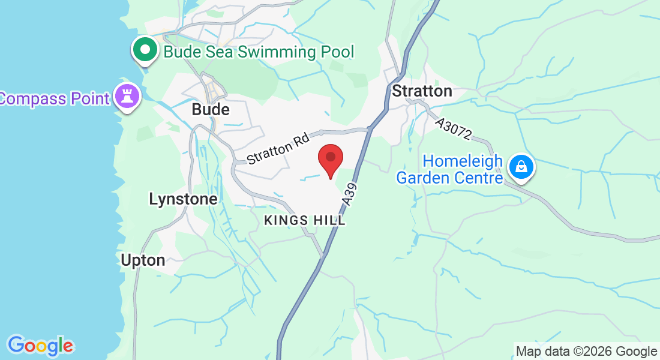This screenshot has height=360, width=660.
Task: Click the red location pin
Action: tap(330, 158)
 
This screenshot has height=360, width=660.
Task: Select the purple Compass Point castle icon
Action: tap(127, 96)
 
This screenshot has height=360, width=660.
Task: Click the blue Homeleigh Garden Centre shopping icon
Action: tap(521, 167)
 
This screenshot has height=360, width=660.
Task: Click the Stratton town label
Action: tap(422, 91)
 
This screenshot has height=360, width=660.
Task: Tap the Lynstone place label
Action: tap(183, 199)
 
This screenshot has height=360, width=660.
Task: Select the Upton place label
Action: tap(143, 260)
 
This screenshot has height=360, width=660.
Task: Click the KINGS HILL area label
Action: tap(305, 220)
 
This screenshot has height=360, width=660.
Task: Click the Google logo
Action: tap(40, 346)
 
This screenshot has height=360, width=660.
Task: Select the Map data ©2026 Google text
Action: tap(586, 352)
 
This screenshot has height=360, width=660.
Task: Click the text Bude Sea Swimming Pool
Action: tap(259, 52)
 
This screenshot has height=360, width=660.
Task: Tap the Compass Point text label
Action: tap(55, 98)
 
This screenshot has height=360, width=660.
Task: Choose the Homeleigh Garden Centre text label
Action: tap(449, 170)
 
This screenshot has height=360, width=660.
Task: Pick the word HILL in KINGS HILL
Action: tap(329, 220)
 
